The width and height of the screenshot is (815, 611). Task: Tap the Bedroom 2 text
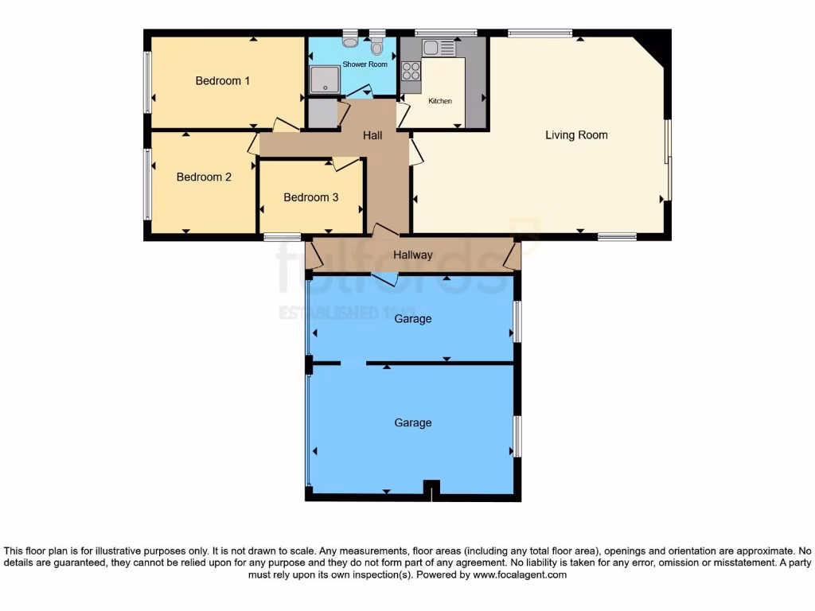(204, 177)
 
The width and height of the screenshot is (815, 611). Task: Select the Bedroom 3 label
(310, 197)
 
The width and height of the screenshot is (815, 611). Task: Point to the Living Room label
(576, 135)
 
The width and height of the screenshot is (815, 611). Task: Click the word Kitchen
(440, 101)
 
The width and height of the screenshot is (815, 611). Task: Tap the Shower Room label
(365, 64)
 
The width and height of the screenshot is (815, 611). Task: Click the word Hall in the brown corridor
(372, 135)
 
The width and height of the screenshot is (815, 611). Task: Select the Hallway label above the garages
(413, 255)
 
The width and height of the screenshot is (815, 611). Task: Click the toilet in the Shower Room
(376, 46)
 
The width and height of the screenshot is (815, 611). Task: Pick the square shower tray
(324, 80)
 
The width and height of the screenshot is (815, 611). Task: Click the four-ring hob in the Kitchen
(411, 72)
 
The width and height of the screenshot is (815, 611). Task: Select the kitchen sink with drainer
(439, 48)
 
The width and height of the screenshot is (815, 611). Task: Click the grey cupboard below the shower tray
(322, 113)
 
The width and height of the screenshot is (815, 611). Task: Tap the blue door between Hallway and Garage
(384, 278)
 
